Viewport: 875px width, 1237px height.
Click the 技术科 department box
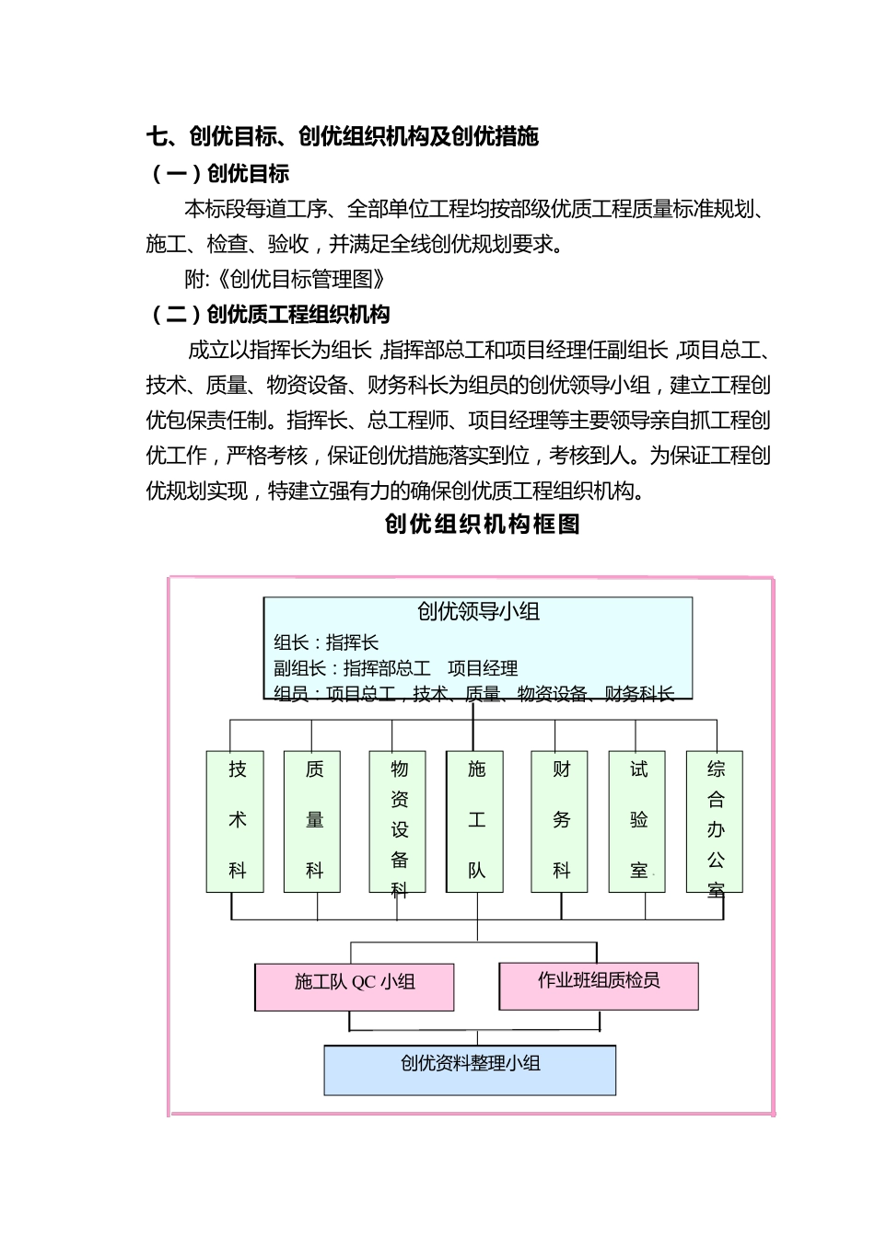[235, 821]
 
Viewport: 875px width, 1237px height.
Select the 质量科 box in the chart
[312, 821]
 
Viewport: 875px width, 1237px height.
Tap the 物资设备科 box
[397, 821]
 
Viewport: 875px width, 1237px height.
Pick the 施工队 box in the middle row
[474, 821]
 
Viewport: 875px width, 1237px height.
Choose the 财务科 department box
[560, 821]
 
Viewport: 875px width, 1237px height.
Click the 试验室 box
[637, 821]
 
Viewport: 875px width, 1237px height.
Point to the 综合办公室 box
[715, 821]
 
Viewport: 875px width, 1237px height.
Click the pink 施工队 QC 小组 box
[355, 987]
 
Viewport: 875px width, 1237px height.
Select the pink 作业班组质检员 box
[599, 985]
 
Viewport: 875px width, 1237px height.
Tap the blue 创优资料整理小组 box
[470, 1069]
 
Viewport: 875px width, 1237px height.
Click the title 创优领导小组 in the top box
[478, 612]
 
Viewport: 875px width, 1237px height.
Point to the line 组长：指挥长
[326, 642]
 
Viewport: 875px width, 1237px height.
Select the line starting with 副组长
[396, 668]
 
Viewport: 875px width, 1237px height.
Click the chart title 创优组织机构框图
[482, 525]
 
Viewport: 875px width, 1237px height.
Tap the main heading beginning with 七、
[342, 137]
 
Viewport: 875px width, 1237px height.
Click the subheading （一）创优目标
[218, 174]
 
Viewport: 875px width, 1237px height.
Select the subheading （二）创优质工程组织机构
[268, 315]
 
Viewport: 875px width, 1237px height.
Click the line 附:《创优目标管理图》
[285, 280]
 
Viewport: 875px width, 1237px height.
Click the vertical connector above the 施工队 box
[473, 727]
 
